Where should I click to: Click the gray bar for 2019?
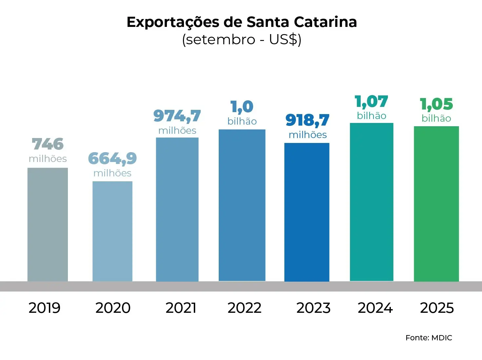click(48, 225)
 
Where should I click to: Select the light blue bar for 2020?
click(112, 231)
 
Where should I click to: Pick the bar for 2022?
click(242, 205)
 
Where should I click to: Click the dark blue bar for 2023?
click(307, 212)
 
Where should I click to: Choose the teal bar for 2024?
click(372, 202)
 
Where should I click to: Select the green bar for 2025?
click(436, 204)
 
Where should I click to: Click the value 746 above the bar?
click(48, 144)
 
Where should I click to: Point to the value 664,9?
click(112, 159)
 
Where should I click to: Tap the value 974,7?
click(177, 116)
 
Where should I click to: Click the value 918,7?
click(307, 120)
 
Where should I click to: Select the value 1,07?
click(372, 102)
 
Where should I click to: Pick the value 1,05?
click(436, 104)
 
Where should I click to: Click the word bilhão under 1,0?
click(242, 121)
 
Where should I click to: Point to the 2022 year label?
click(245, 308)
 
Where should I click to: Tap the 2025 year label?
click(437, 308)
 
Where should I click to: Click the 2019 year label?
click(45, 308)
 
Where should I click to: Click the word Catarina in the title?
click(325, 22)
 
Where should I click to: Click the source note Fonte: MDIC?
click(429, 338)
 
